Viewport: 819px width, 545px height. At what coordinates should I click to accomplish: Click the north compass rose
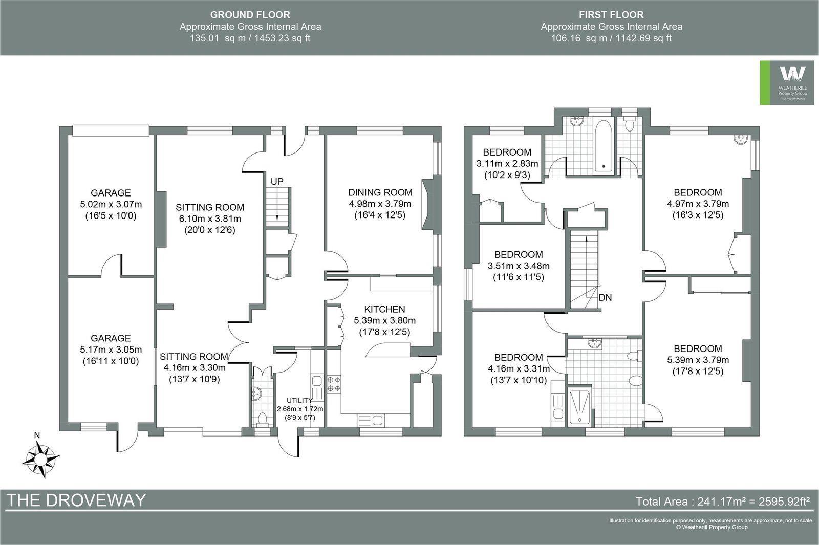[x=39, y=457]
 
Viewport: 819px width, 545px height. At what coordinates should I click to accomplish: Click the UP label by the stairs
[x=277, y=182]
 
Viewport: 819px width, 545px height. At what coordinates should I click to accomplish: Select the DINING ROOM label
[x=380, y=192]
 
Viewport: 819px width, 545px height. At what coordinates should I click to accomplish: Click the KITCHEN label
[x=384, y=309]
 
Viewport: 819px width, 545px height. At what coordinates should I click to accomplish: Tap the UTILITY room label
[x=299, y=400]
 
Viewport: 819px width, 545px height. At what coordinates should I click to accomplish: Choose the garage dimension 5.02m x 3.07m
[x=111, y=204]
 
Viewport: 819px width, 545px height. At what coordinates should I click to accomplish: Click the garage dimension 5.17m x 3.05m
[x=111, y=350]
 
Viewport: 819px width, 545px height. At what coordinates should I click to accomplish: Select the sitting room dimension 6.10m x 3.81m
[x=209, y=219]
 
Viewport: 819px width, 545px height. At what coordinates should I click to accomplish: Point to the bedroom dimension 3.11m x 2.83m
[x=507, y=164]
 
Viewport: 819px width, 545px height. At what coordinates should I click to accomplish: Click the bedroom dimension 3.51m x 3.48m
[x=519, y=266]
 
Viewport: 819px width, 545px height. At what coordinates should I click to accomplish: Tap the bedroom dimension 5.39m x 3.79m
[x=698, y=360]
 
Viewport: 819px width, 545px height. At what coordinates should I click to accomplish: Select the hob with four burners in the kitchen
[x=334, y=384]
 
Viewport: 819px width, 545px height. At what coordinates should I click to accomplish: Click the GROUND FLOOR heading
[x=250, y=15]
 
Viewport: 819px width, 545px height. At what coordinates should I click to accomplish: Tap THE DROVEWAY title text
[x=76, y=500]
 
